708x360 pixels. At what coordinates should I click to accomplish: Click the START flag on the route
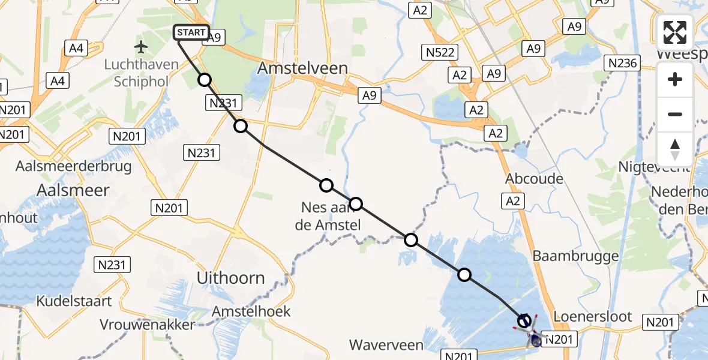191,33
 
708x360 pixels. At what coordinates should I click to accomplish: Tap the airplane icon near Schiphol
141,47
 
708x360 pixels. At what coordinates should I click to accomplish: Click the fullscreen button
675,32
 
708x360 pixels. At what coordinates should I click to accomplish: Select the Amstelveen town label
302,68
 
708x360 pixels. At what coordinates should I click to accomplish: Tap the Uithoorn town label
231,278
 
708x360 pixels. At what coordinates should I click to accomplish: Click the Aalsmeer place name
73,190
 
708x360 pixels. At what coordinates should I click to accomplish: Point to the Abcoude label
534,179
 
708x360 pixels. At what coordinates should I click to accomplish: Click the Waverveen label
387,345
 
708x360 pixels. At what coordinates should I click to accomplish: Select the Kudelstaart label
74,301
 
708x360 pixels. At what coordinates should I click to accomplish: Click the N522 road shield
440,52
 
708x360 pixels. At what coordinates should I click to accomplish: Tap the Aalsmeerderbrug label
75,166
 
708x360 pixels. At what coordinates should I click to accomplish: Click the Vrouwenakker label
147,325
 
